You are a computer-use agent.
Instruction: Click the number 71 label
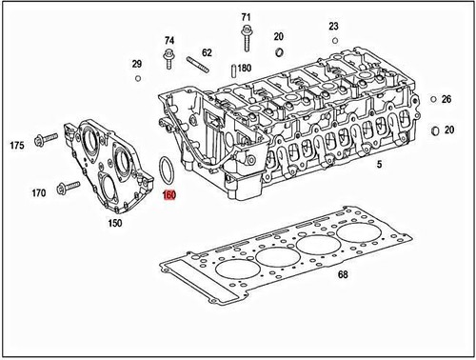246,17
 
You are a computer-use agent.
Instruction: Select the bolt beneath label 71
246,38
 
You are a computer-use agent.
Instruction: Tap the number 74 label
169,41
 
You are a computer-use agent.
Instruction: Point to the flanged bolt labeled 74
169,61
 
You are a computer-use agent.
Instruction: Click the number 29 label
136,64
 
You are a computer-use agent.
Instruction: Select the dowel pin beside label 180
233,70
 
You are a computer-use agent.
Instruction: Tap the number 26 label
446,99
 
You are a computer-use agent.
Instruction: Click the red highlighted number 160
169,198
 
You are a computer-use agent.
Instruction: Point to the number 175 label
16,146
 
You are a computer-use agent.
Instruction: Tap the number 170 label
38,193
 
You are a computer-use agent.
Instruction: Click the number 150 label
114,224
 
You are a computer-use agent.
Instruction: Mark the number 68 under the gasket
344,275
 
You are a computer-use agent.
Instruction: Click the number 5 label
379,166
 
